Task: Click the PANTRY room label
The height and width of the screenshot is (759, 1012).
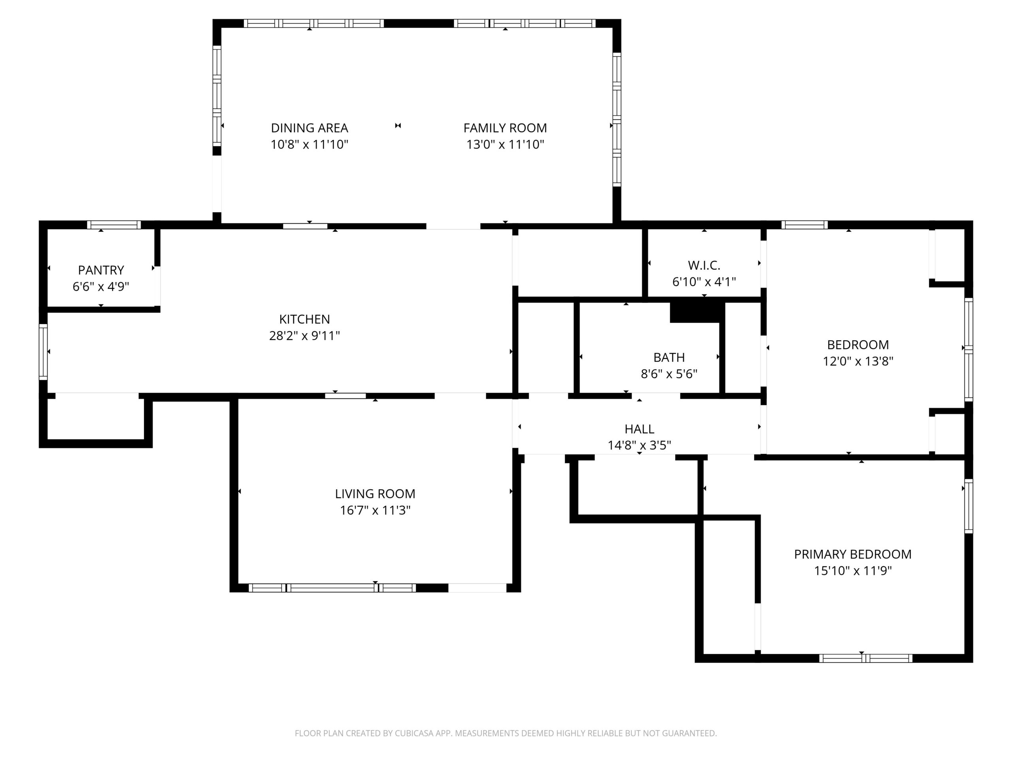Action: [101, 270]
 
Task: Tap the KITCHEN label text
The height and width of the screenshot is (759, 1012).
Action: [304, 319]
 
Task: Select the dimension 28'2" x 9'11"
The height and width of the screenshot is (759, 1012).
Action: [304, 336]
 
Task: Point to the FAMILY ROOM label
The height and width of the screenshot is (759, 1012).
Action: [505, 128]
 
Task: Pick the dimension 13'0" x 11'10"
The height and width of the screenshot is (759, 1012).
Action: [505, 145]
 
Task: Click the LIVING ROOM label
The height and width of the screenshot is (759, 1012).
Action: [375, 494]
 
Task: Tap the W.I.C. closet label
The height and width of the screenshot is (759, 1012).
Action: [704, 265]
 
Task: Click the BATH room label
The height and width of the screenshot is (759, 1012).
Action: [669, 357]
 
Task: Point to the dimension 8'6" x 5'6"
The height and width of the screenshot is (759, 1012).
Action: [669, 374]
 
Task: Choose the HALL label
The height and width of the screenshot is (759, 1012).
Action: [639, 429]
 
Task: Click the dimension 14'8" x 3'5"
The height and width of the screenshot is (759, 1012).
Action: [639, 445]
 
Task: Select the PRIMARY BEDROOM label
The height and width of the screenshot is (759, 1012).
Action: [853, 554]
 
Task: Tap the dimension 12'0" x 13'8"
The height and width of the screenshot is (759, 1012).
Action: [858, 361]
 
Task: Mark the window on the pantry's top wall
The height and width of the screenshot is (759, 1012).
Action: [114, 225]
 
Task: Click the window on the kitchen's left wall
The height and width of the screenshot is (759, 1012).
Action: [43, 352]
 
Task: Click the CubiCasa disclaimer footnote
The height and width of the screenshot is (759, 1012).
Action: [506, 733]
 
